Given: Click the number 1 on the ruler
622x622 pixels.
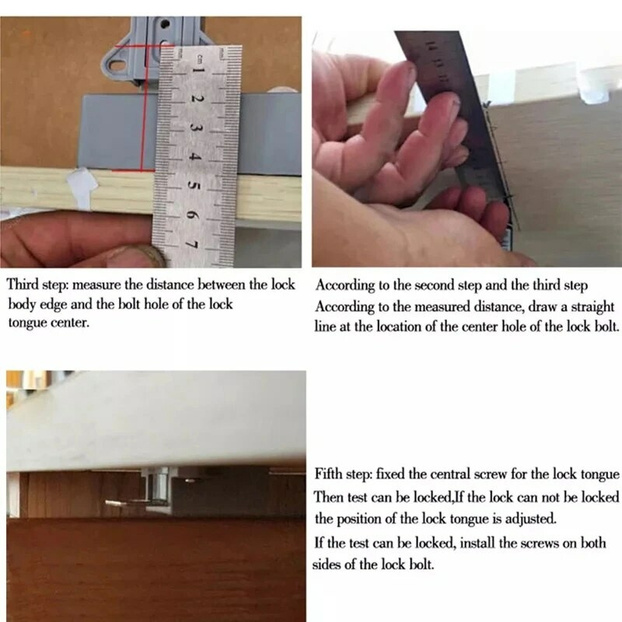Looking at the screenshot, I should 197,72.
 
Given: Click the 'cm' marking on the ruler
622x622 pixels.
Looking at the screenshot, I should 201,56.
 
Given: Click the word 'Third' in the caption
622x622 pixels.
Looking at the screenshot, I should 23,285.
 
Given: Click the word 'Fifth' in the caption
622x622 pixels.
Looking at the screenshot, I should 330,473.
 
